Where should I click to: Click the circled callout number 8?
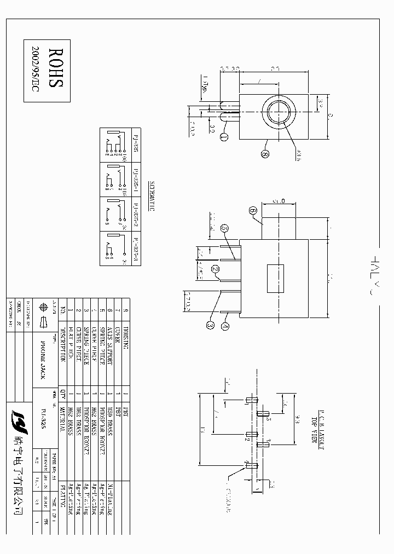[265, 155]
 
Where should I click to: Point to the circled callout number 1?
[224, 138]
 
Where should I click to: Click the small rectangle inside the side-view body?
[275, 278]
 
